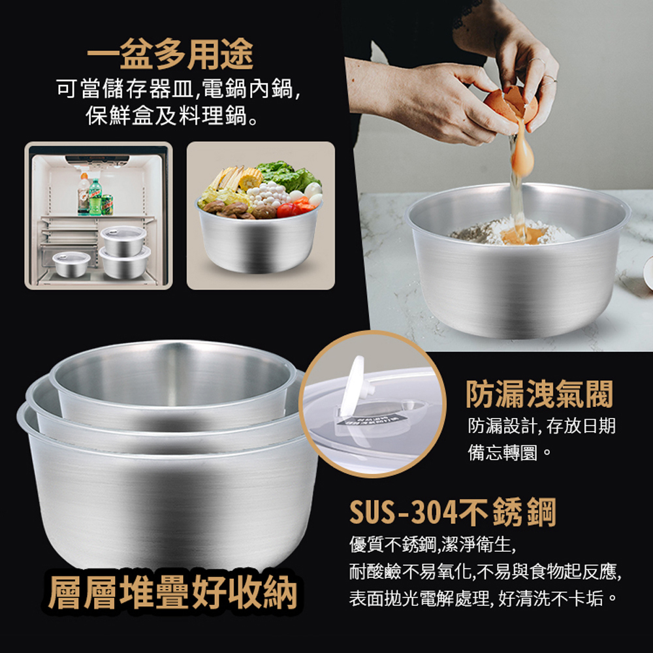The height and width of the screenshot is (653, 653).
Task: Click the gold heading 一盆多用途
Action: [x=170, y=54]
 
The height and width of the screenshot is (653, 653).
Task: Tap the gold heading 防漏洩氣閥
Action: [x=539, y=394]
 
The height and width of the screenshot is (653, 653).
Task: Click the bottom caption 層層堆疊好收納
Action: [x=172, y=593]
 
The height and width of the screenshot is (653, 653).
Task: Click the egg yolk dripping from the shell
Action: [x=522, y=158]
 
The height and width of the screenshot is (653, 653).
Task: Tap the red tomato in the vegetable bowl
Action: [x=288, y=210]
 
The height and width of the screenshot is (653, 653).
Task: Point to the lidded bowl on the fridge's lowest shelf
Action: [x=72, y=264]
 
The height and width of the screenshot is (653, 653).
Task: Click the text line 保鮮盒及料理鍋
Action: [x=171, y=115]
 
